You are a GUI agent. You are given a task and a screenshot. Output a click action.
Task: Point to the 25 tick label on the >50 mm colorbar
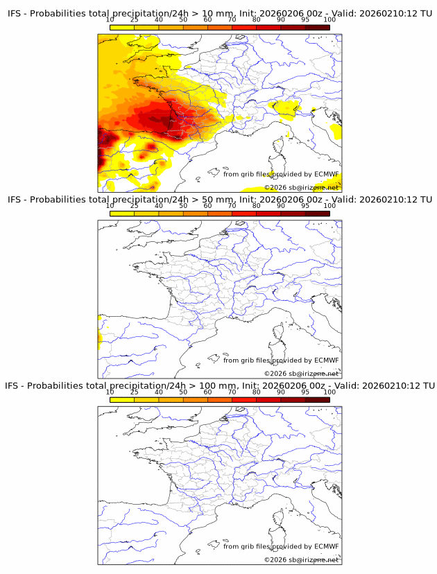tap(135, 207)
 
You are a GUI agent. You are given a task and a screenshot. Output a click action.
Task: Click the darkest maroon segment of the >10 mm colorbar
tap(317, 28)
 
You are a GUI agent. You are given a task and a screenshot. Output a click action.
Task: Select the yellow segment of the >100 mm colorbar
tap(122, 399)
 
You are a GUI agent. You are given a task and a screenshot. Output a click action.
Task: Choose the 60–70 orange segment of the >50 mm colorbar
tap(220, 214)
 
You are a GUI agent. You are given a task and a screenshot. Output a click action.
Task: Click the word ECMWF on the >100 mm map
tap(326, 546)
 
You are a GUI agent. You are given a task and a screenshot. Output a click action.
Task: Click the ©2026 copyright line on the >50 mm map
tap(301, 373)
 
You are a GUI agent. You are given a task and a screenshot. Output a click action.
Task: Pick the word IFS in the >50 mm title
tap(15, 200)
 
